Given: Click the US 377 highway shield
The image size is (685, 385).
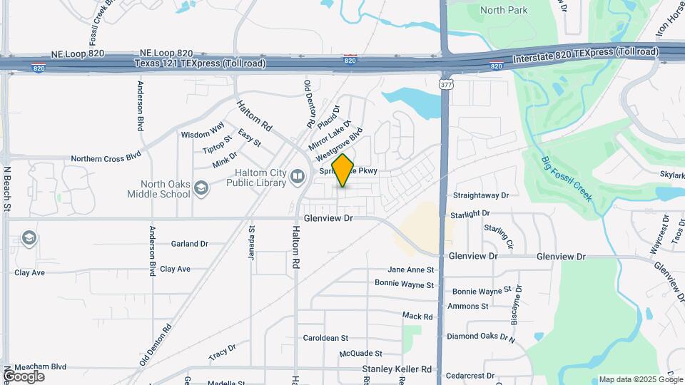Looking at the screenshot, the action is point(446,84).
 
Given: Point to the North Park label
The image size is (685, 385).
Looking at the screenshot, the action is point(504,10).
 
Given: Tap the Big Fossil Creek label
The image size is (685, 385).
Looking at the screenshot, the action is point(567,178).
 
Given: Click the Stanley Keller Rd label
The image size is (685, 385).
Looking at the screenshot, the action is point(397,369).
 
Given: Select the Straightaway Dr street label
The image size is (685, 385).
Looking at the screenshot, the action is point(481,195).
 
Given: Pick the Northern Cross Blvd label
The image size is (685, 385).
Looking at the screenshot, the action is point(106,158).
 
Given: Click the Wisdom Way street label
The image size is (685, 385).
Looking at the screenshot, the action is point(203,133).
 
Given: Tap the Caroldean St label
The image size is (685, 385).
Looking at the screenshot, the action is point(325,338).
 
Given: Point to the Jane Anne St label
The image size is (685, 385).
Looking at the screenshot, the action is point(411,270).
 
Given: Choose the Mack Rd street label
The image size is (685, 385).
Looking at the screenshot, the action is point(417,316).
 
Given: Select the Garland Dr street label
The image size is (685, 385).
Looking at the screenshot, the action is point(189,244).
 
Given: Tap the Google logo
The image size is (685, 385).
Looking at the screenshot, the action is point(23,376).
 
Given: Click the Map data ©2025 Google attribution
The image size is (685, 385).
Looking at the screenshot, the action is point(639,379).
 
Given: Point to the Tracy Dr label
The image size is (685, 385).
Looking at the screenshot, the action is point(222,351).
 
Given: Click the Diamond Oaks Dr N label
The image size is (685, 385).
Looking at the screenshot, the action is point(481,337).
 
